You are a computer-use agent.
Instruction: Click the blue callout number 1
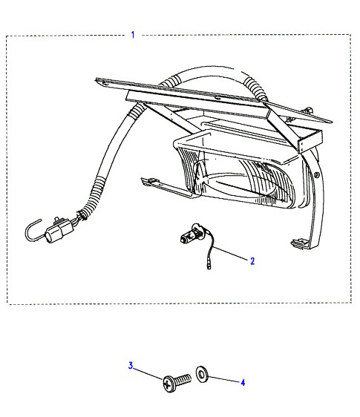pyautogui.click(x=133, y=35)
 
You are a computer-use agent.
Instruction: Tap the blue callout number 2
pyautogui.click(x=252, y=261)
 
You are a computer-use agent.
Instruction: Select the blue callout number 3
pyautogui.click(x=131, y=365)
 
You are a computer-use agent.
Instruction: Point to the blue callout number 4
pyautogui.click(x=243, y=382)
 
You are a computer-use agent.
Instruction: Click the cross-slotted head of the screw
pyautogui.click(x=168, y=384)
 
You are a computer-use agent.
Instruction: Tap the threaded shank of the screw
pyautogui.click(x=183, y=379)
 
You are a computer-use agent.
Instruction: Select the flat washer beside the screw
pyautogui.click(x=202, y=375)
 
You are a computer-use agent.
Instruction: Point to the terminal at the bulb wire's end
pyautogui.click(x=209, y=266)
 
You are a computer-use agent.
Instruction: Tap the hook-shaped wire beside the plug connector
pyautogui.click(x=33, y=231)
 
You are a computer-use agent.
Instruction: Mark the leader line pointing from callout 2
pyautogui.click(x=230, y=253)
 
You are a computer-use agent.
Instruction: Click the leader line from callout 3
pyautogui.click(x=148, y=374)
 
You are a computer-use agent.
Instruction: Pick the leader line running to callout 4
pyautogui.click(x=224, y=379)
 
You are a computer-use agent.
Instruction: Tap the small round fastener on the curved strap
pyautogui.click(x=316, y=175)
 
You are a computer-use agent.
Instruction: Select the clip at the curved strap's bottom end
pyautogui.click(x=300, y=243)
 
